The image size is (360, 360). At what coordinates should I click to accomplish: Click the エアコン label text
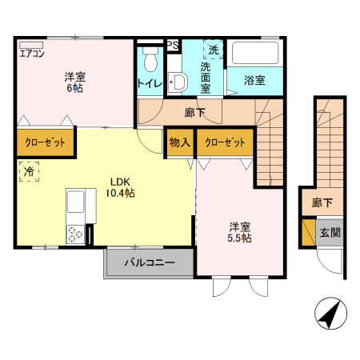[x=32, y=54]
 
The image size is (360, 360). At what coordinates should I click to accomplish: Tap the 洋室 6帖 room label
[x=76, y=82]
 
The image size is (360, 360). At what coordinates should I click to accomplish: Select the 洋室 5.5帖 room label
[x=240, y=232]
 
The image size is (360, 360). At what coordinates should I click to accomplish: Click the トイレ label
[x=150, y=83]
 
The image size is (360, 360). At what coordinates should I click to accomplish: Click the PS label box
[x=172, y=46]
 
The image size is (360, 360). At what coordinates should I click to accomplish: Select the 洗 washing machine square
[x=213, y=50]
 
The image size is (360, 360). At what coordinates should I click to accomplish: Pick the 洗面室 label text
[x=206, y=78]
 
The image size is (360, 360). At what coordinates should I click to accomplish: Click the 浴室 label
[x=254, y=80]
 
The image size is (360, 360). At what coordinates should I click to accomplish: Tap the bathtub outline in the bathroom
[x=254, y=54]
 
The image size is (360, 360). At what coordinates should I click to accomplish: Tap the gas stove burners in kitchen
[x=75, y=234]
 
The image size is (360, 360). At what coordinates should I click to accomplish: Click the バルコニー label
[x=149, y=263]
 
